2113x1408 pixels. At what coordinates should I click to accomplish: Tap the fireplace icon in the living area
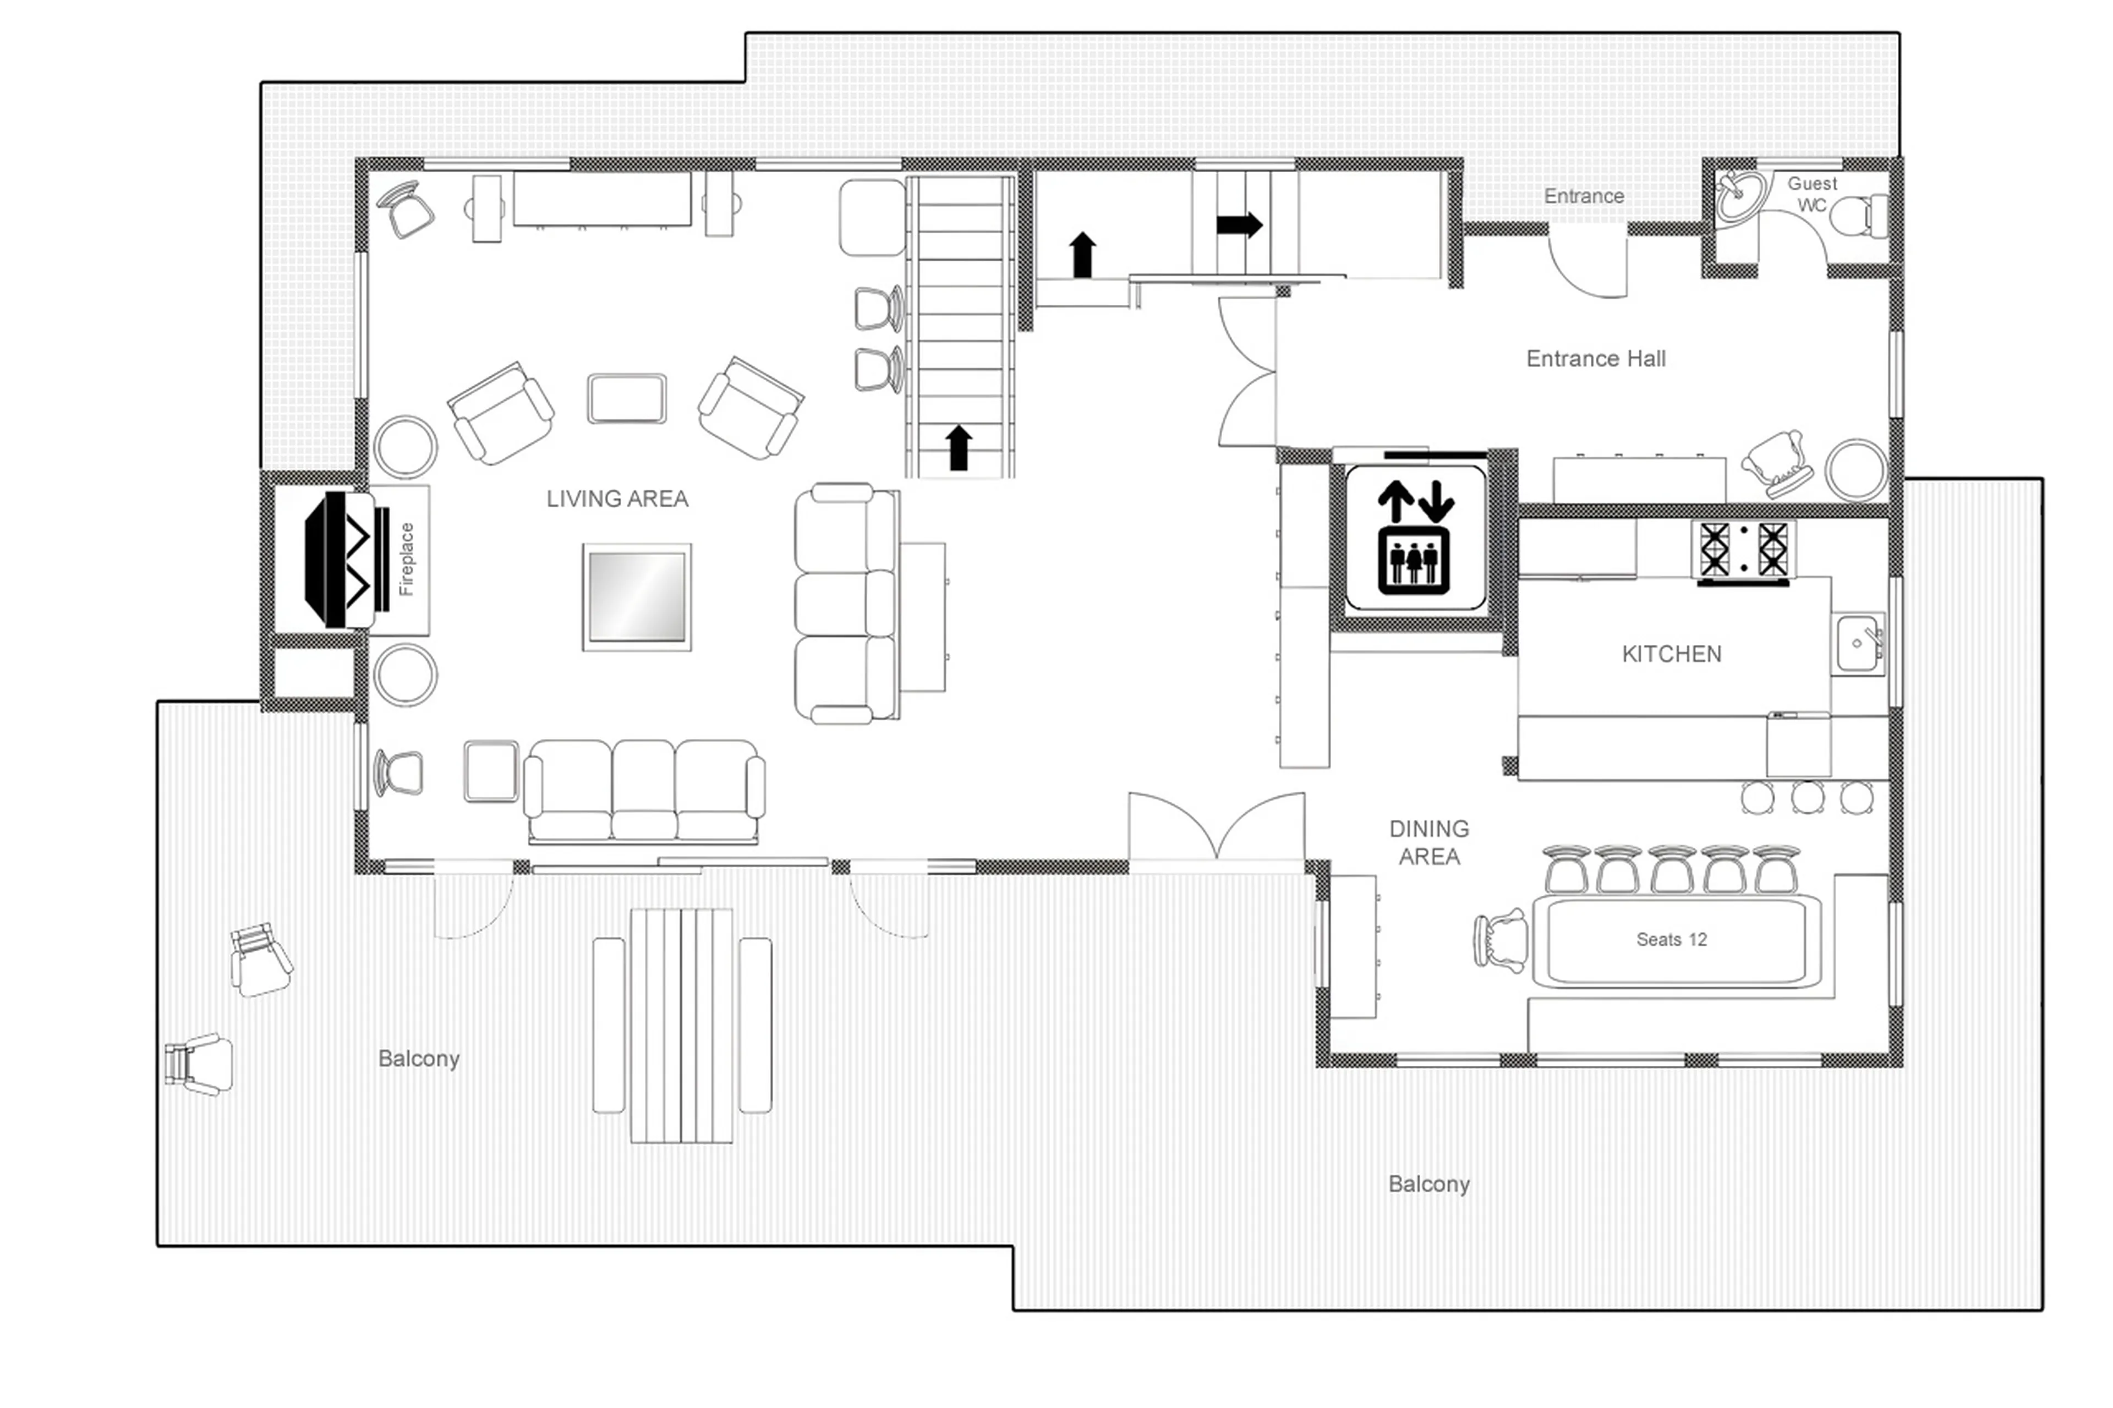coord(346,560)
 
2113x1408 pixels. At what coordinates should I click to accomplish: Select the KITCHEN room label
coord(1670,654)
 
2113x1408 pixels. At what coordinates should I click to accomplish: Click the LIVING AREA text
coord(617,498)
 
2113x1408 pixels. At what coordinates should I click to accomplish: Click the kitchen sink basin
coord(1855,644)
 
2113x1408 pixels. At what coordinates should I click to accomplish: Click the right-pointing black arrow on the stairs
coord(1238,224)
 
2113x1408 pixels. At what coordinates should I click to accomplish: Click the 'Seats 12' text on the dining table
coord(1670,939)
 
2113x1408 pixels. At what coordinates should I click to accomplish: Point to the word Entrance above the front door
coord(1583,196)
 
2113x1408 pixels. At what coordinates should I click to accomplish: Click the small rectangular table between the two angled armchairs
coord(627,398)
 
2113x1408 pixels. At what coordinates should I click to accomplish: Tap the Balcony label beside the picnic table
coord(418,1059)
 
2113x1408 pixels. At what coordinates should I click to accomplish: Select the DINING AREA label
coord(1428,842)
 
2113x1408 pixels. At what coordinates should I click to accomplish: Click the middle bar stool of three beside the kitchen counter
coord(1807,797)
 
